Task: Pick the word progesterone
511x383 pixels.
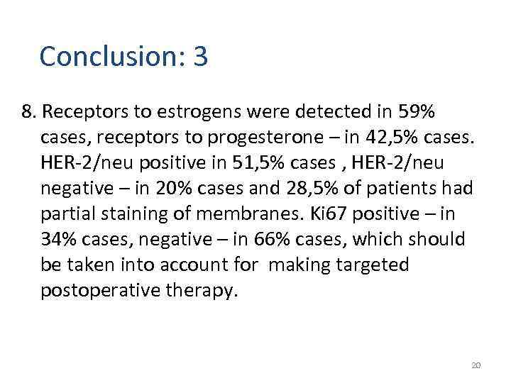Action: [x=264, y=138]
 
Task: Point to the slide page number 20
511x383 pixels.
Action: [x=476, y=365]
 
